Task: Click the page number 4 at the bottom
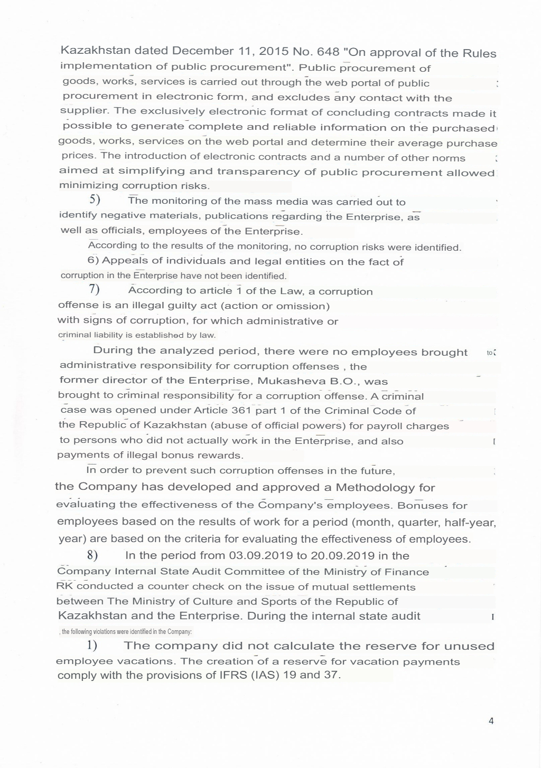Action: point(491,721)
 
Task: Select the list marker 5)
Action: point(95,200)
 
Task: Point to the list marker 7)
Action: point(95,289)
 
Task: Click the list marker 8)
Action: point(93,555)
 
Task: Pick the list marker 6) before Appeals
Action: point(92,260)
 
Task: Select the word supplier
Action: point(84,111)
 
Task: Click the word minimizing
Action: point(89,186)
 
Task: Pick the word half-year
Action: point(470,523)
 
